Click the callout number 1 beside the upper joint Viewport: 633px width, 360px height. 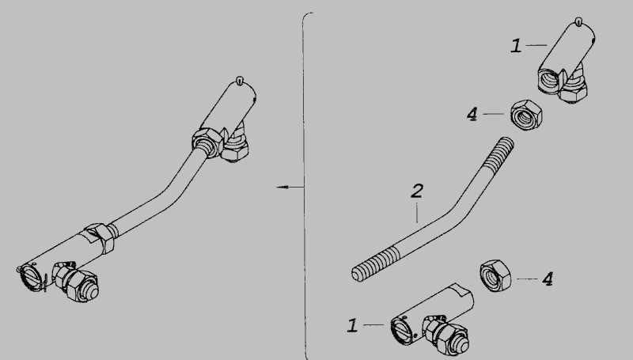pyautogui.click(x=516, y=46)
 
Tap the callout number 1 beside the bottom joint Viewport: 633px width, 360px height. pyautogui.click(x=352, y=325)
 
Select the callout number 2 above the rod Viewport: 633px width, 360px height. pyautogui.click(x=417, y=191)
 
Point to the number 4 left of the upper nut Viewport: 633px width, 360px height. pyautogui.click(x=472, y=114)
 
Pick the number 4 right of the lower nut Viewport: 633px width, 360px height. pyautogui.click(x=548, y=279)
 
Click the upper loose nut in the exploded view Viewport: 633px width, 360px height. pyautogui.click(x=526, y=115)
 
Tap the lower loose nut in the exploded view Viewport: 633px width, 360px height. pyautogui.click(x=495, y=276)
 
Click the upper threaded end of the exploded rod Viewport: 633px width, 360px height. pyautogui.click(x=499, y=152)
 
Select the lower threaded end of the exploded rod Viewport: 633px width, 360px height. pyautogui.click(x=374, y=265)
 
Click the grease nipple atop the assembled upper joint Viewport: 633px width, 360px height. pyautogui.click(x=241, y=81)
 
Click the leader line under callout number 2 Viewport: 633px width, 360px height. pyautogui.click(x=417, y=213)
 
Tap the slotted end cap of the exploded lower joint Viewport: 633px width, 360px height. pyautogui.click(x=400, y=329)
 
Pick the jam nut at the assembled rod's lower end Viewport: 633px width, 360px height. pyautogui.click(x=100, y=237)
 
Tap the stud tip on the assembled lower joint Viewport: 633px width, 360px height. pyautogui.click(x=93, y=293)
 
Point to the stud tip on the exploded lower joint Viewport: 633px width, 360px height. pyautogui.click(x=463, y=345)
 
